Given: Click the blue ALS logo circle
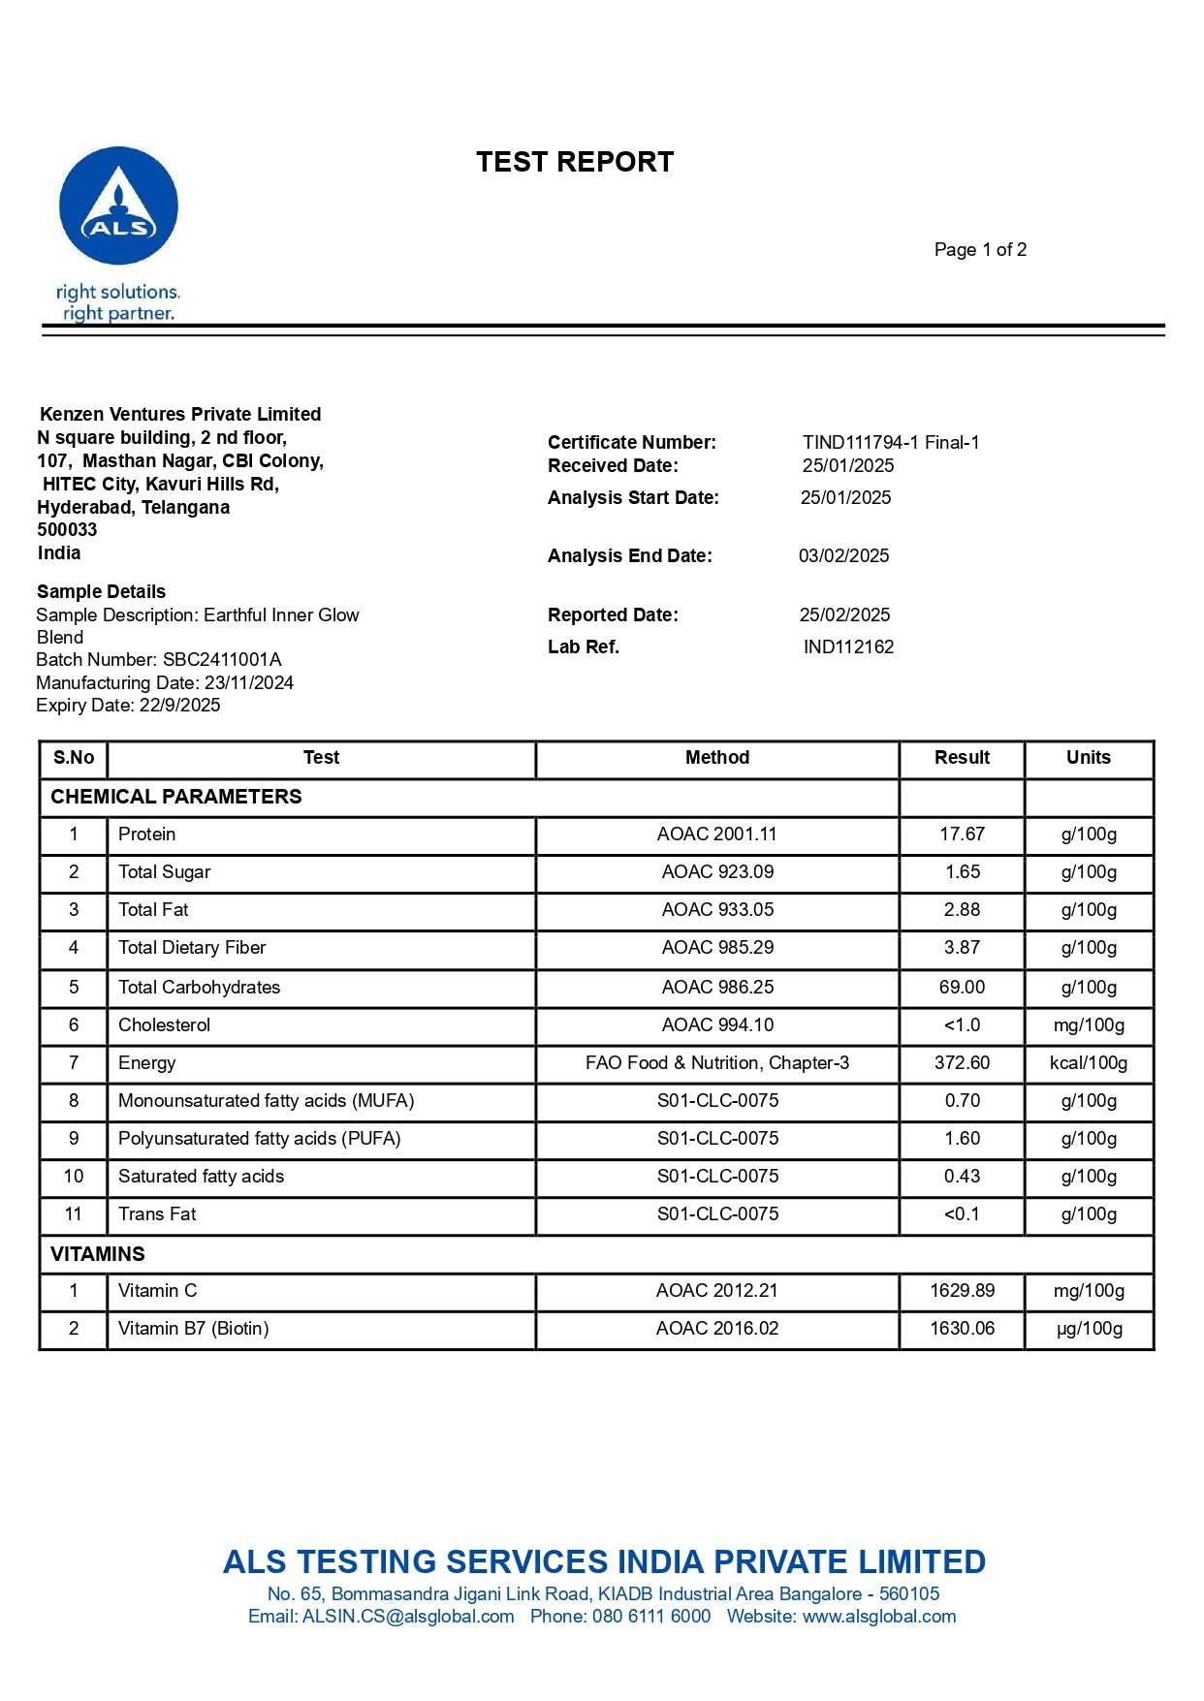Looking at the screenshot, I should coord(118,205).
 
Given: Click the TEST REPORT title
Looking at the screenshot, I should coord(575,162).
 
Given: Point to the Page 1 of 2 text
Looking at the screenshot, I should coord(980,250).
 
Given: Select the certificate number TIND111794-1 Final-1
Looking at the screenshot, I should coord(891,443).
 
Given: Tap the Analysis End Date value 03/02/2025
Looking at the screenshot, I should coord(843,556).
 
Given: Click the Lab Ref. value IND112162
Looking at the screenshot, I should coord(848,647).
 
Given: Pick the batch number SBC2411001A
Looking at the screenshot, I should coord(222,660).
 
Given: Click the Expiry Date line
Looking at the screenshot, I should coord(128,706).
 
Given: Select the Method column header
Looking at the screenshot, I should coord(717,758).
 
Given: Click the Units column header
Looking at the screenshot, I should coord(1089,758).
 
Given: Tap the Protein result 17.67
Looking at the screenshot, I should coord(962,835).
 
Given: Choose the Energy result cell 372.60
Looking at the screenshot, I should coord(962,1063).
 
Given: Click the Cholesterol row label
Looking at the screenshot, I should coord(164,1025).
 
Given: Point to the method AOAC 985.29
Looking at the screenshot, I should coord(717,948).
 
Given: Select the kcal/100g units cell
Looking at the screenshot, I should coord(1089,1063).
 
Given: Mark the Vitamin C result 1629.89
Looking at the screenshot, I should coord(962,1291).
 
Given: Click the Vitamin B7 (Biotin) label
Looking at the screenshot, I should coord(193,1329).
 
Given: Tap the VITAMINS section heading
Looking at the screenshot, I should coord(98,1254).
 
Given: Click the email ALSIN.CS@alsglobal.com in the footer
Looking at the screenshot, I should coord(408,1617).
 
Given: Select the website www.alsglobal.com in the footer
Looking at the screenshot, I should coord(879,1617).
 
